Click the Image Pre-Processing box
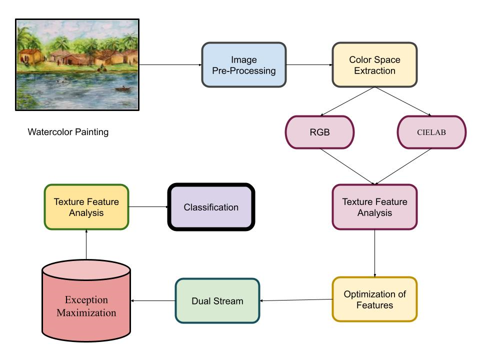[243, 65]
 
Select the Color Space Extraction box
[374, 65]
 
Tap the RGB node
[319, 132]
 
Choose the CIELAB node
[431, 132]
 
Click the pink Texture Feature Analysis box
[374, 207]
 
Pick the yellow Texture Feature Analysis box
[86, 207]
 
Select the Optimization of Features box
[374, 299]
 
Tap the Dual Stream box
[217, 300]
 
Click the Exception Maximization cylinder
[86, 300]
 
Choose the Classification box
[211, 207]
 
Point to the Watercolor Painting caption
[68, 132]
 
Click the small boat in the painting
[123, 89]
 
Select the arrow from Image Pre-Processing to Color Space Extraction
[309, 65]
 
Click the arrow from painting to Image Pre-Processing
[170, 65]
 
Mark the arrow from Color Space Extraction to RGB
[347, 101]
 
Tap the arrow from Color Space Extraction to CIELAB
[403, 101]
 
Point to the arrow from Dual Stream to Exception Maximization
[153, 300]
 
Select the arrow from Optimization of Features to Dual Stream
[296, 300]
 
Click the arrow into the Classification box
[148, 207]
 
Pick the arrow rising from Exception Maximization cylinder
[86, 244]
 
